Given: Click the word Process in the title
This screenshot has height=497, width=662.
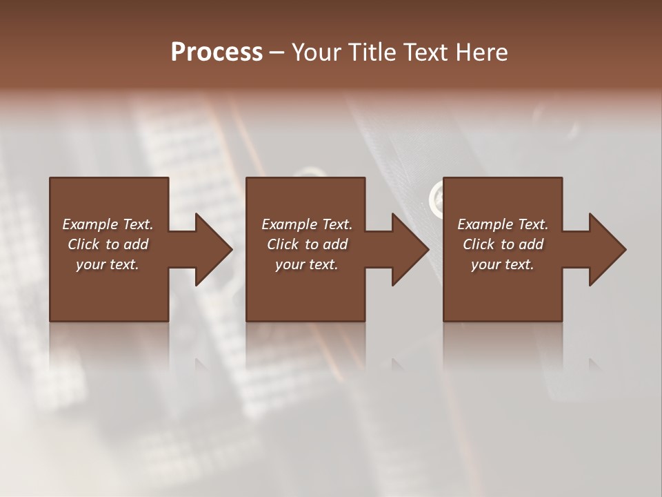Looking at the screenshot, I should tap(217, 52).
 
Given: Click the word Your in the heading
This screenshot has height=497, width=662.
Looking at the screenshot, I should tap(315, 52).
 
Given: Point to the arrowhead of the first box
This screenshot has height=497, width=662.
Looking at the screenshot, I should tap(214, 249).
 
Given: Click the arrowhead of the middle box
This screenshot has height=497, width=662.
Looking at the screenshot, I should tap(410, 249).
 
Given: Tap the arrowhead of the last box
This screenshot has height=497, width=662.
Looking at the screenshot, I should tap(608, 249).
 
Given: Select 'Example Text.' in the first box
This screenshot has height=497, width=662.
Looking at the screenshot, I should tap(108, 224).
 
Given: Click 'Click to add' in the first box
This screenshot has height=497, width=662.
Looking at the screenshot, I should tap(108, 244).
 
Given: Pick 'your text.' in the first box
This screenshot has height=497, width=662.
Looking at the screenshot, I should tap(108, 264).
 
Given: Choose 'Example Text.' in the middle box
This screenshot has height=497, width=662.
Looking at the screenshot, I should tap(307, 224).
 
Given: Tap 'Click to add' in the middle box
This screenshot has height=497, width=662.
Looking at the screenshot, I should tap(307, 244).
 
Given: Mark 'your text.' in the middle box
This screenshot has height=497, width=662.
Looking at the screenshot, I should tap(307, 264).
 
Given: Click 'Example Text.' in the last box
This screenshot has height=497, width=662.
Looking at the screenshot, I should tap(503, 224).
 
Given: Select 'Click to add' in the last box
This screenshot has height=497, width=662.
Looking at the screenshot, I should tap(503, 244).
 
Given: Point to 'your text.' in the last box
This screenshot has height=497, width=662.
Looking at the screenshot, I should tap(503, 264).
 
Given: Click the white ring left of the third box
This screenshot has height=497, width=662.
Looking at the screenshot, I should tap(437, 197).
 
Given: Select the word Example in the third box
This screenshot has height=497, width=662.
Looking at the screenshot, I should tap(485, 224).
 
